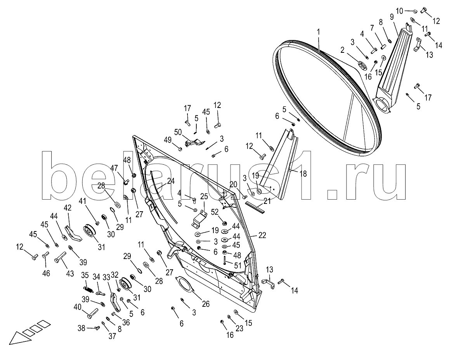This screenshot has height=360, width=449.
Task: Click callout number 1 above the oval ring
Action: click(319, 33)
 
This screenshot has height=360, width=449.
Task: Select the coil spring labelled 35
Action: click(88, 289)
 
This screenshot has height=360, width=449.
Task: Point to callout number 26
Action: click(206, 304)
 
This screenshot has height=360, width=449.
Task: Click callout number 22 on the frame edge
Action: click(263, 235)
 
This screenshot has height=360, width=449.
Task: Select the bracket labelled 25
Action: click(199, 220)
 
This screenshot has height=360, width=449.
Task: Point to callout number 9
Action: click(391, 17)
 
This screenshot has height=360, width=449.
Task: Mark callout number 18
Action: click(303, 174)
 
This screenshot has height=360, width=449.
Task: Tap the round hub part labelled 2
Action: click(362, 66)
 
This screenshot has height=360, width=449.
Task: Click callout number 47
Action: click(114, 168)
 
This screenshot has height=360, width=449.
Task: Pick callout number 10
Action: click(399, 9)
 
